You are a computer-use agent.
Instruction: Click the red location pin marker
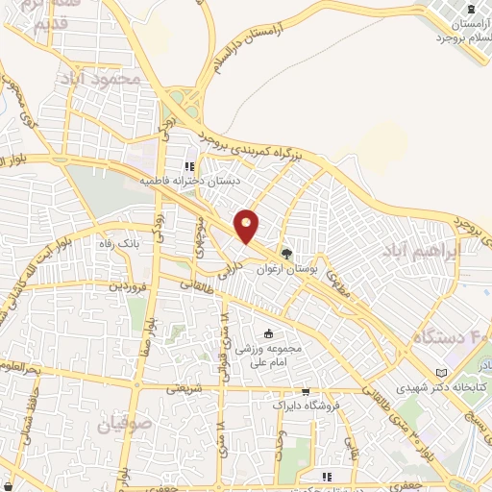pos(247,225)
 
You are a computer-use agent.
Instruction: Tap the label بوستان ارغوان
pos(285,271)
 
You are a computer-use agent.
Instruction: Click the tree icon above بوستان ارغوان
pos(285,254)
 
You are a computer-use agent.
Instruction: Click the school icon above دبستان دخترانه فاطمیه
pos(202,164)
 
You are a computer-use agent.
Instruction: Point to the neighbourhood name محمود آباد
pos(98,76)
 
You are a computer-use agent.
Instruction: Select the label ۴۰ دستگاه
pos(454,338)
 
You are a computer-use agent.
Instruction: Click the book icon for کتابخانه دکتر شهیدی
pos(441,372)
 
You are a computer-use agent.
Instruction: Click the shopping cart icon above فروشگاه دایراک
pos(305,392)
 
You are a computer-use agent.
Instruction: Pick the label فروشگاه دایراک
pos(306,406)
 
